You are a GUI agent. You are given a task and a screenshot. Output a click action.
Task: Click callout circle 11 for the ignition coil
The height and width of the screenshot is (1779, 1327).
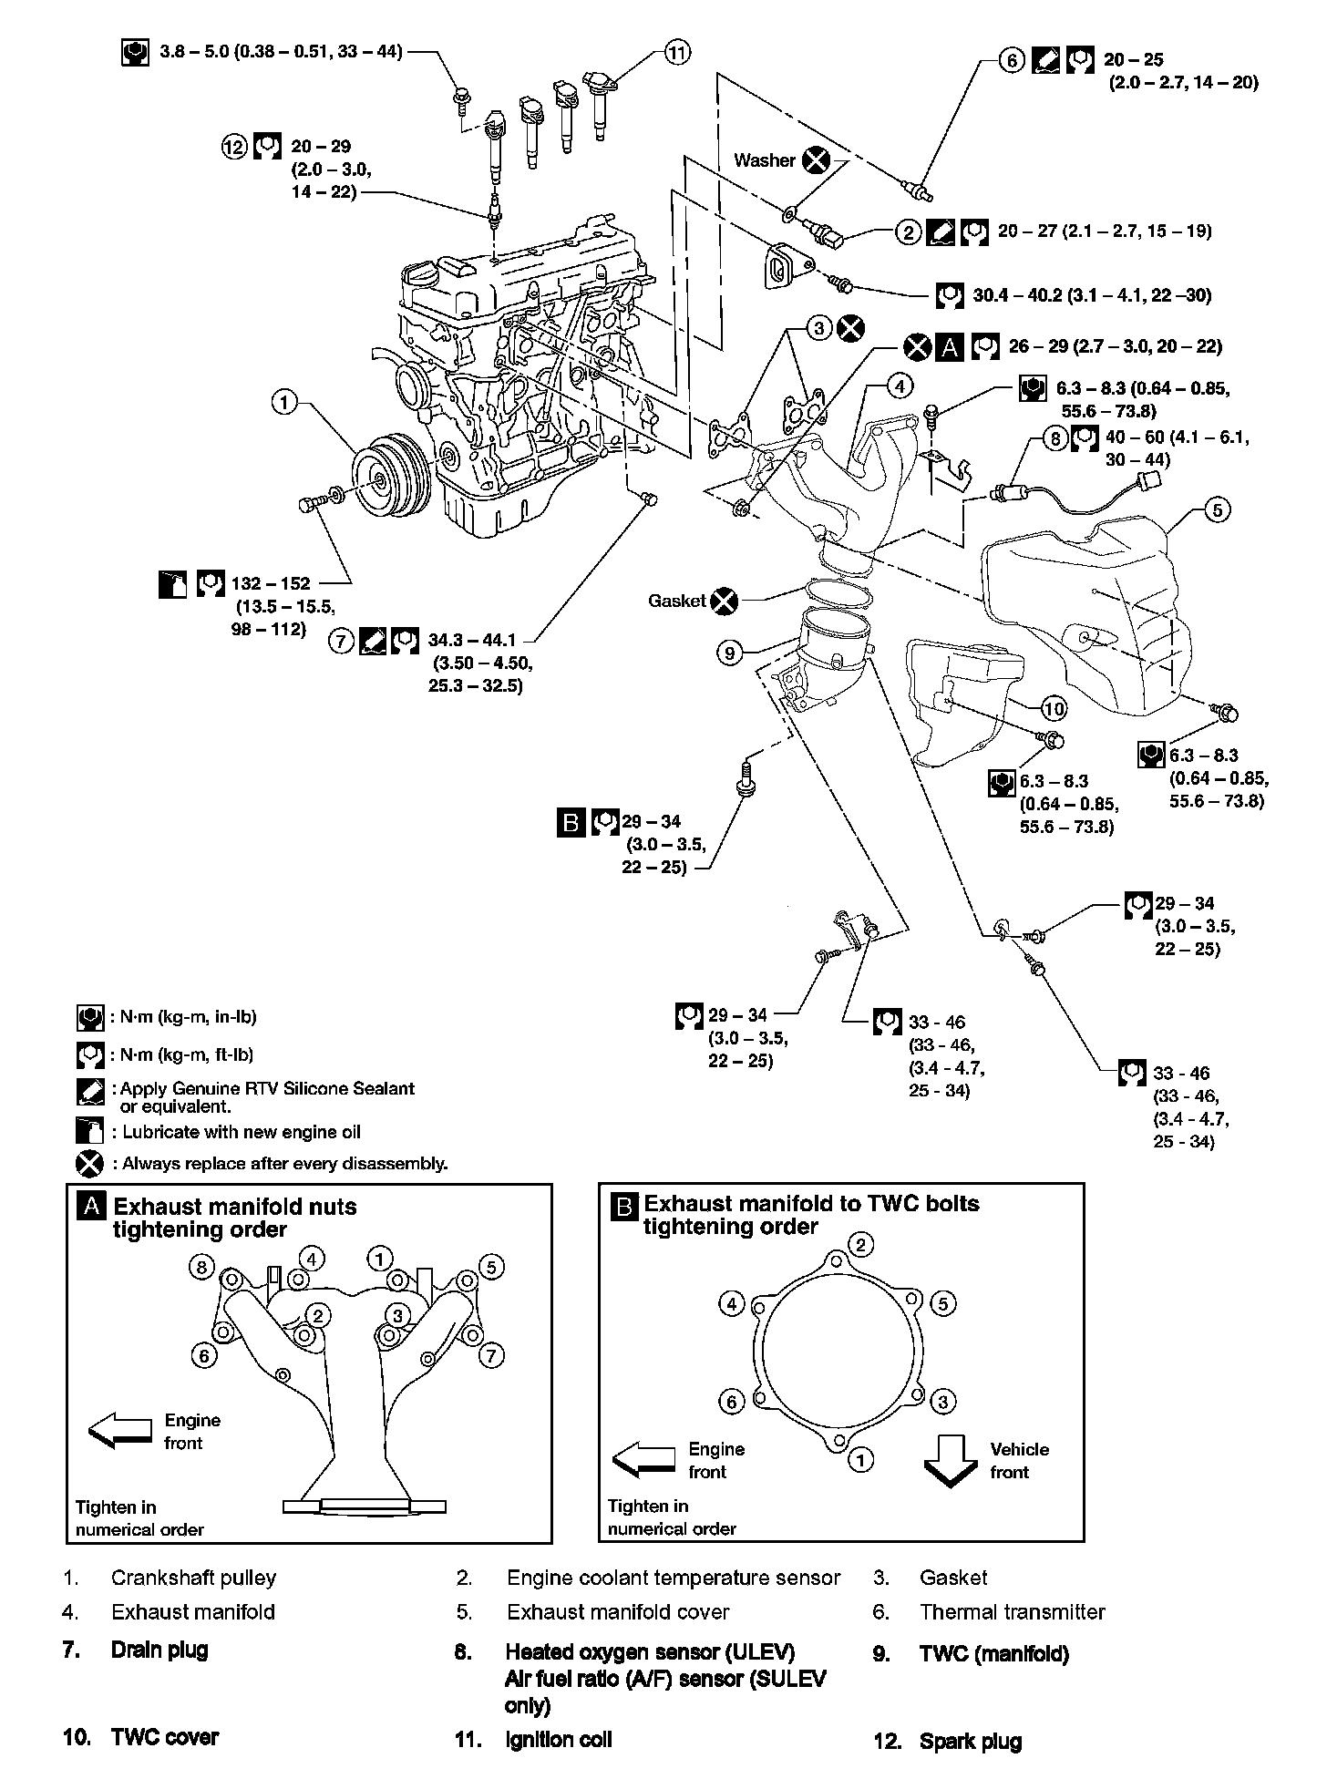tap(676, 53)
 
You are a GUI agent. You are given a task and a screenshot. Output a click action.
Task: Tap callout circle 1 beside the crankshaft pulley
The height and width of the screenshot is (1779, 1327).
tap(285, 401)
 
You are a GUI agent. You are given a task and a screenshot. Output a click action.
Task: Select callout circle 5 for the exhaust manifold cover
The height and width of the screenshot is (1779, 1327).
tap(1218, 509)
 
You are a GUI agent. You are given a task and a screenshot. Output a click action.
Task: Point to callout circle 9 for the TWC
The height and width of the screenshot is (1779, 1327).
tap(730, 653)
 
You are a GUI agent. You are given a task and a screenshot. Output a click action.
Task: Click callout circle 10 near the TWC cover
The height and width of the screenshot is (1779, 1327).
tap(1054, 708)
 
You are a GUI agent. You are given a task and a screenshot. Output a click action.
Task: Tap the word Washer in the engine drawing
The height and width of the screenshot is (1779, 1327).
tap(765, 160)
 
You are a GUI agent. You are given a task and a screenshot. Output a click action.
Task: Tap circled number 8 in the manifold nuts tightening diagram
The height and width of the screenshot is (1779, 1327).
tap(201, 1266)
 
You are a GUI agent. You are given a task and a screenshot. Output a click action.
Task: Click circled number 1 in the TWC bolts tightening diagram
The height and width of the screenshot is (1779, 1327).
tap(860, 1459)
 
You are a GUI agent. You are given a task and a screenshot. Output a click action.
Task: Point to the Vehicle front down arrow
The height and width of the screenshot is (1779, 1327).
tap(951, 1459)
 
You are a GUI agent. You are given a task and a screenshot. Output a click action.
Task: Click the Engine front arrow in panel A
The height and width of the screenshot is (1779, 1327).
tap(120, 1431)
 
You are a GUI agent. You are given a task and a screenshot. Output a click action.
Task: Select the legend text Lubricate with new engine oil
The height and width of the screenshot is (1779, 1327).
tap(242, 1132)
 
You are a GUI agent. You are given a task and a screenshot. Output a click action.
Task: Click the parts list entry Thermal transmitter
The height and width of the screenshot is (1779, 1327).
tap(1012, 1611)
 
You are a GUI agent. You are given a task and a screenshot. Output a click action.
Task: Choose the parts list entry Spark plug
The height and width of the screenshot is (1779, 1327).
tap(971, 1740)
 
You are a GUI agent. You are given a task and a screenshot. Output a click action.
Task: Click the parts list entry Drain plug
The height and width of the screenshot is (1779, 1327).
tap(159, 1650)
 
